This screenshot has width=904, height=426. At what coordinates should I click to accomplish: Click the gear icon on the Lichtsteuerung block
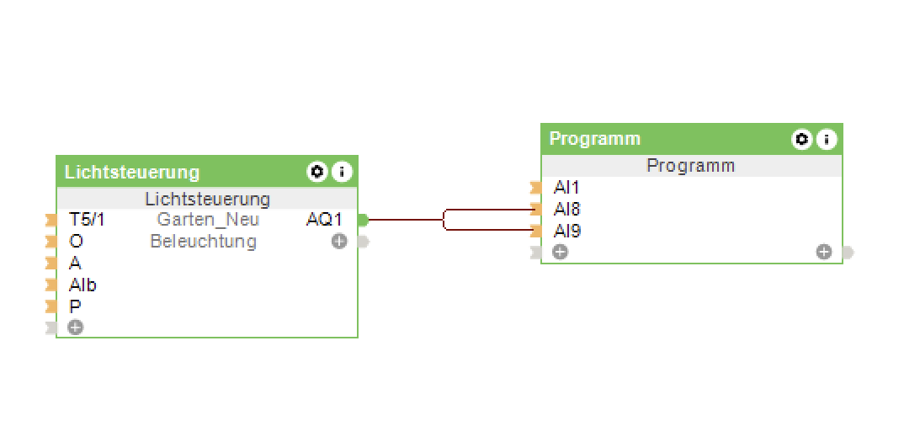[316, 172]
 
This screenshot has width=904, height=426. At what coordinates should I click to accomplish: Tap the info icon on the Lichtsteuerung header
[341, 172]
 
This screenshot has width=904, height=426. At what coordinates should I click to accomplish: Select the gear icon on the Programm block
[802, 139]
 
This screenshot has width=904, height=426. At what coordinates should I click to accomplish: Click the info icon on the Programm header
[827, 139]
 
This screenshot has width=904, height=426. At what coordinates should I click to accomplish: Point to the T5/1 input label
[87, 221]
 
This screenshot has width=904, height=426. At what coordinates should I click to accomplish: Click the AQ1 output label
[324, 221]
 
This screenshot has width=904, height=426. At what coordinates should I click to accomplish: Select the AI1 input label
[566, 188]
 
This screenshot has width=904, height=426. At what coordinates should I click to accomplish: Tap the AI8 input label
[566, 209]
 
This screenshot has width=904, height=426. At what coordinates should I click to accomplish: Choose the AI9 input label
[566, 231]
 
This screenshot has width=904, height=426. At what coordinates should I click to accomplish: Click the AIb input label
[82, 285]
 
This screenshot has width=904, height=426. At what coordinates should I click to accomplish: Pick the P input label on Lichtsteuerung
[75, 306]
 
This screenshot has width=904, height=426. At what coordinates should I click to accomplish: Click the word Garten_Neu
[208, 221]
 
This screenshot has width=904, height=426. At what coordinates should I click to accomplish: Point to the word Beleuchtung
[203, 242]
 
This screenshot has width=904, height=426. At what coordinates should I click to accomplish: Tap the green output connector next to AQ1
[363, 221]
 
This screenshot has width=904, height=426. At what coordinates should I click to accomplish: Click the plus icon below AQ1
[339, 242]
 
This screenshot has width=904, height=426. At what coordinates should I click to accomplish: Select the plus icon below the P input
[76, 327]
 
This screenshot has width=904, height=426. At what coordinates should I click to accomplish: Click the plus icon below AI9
[561, 252]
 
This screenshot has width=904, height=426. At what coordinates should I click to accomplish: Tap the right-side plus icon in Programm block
[824, 252]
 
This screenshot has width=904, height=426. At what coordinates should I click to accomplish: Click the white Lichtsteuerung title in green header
[132, 173]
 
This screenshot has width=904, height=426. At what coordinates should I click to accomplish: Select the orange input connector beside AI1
[535, 188]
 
